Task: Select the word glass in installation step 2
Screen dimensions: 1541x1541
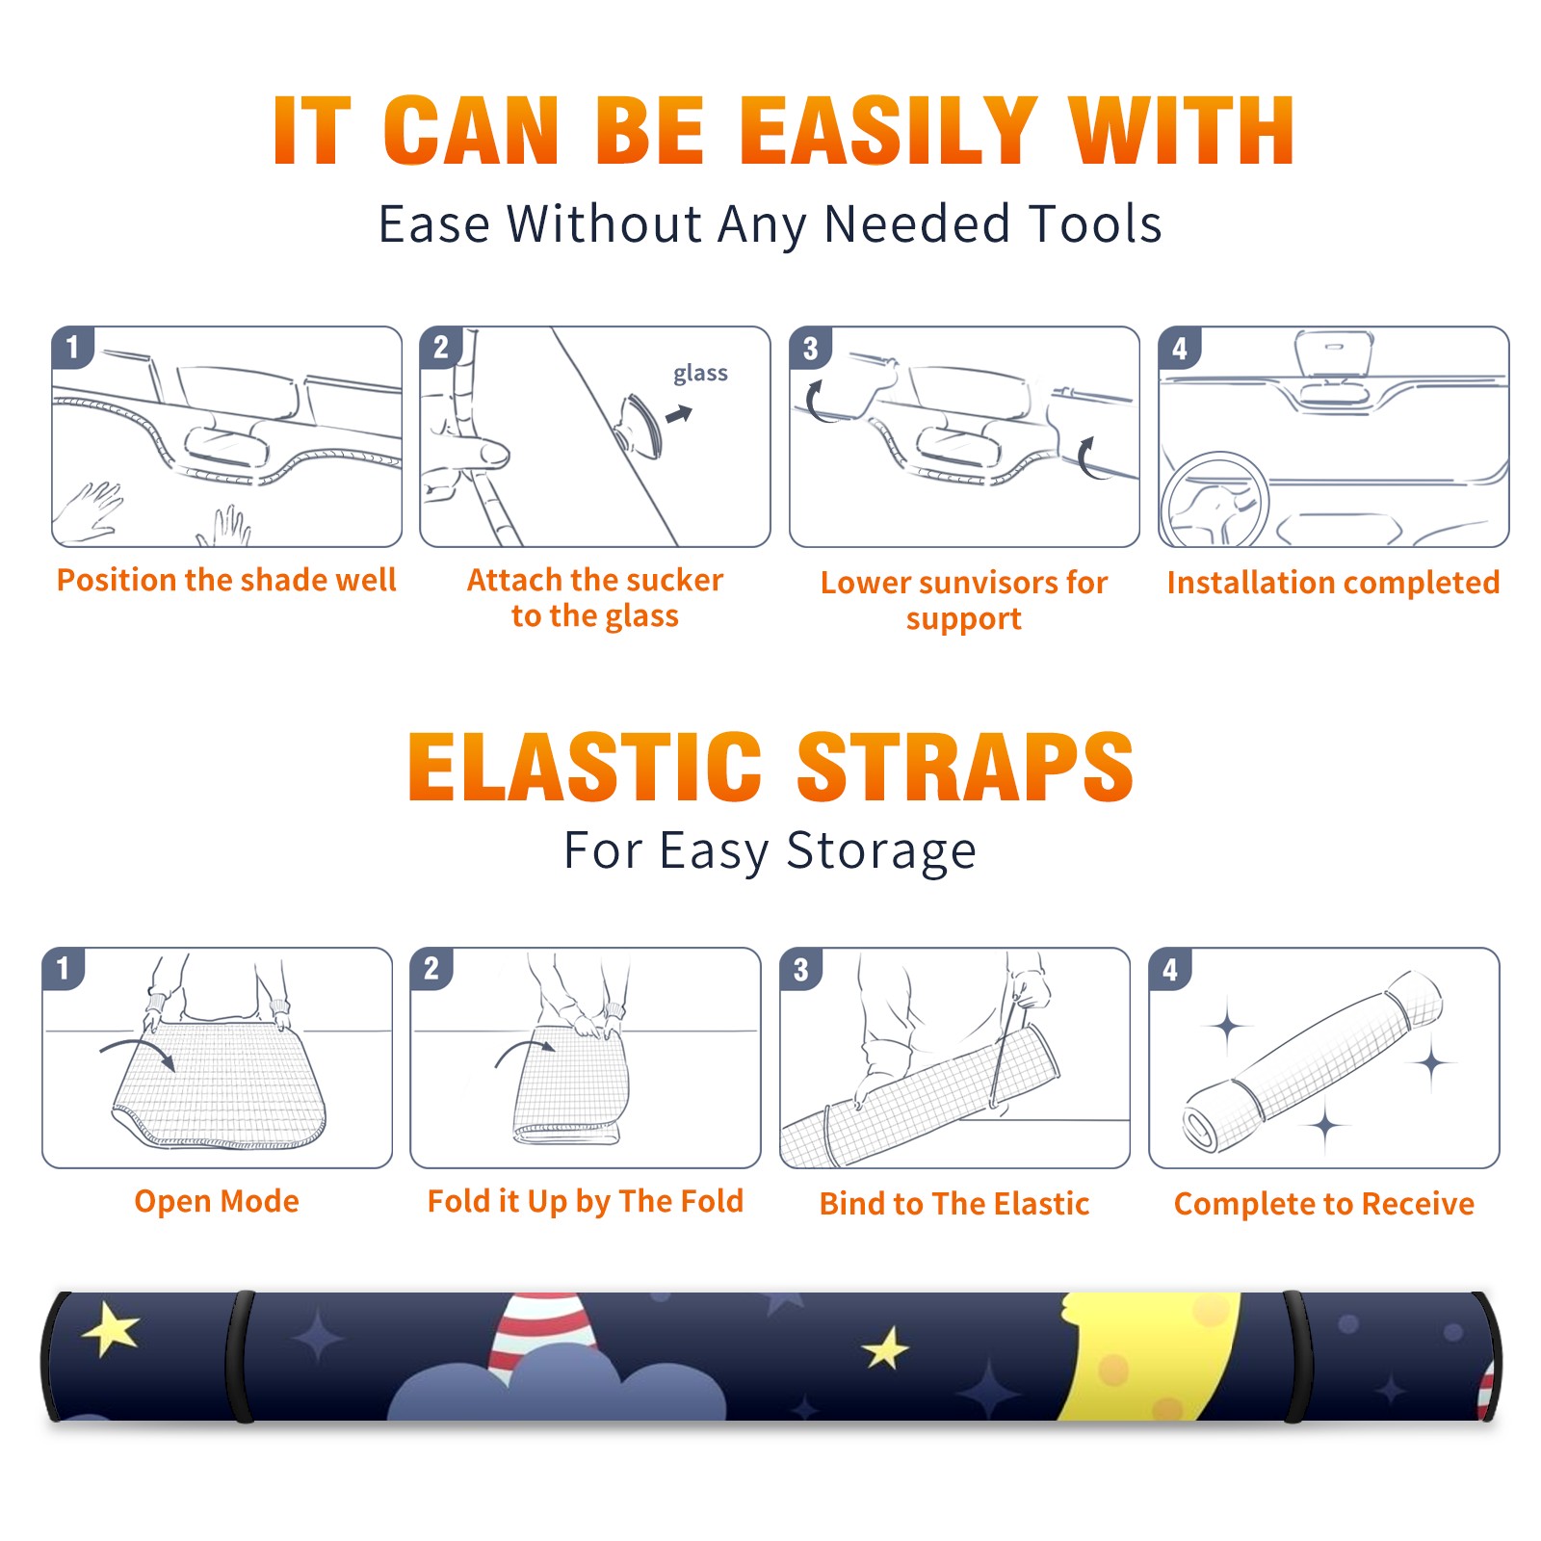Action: point(700,373)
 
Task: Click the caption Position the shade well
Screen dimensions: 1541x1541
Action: point(226,580)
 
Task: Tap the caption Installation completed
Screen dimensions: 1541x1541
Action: point(1333,582)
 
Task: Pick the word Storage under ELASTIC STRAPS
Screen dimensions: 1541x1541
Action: point(881,851)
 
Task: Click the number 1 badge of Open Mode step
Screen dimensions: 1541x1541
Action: point(64,969)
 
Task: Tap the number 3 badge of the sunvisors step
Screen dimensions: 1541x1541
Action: point(810,349)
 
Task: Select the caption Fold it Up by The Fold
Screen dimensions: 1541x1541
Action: point(586,1201)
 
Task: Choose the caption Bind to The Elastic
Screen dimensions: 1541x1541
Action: point(953,1204)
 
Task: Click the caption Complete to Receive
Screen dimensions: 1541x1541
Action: point(1324,1204)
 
